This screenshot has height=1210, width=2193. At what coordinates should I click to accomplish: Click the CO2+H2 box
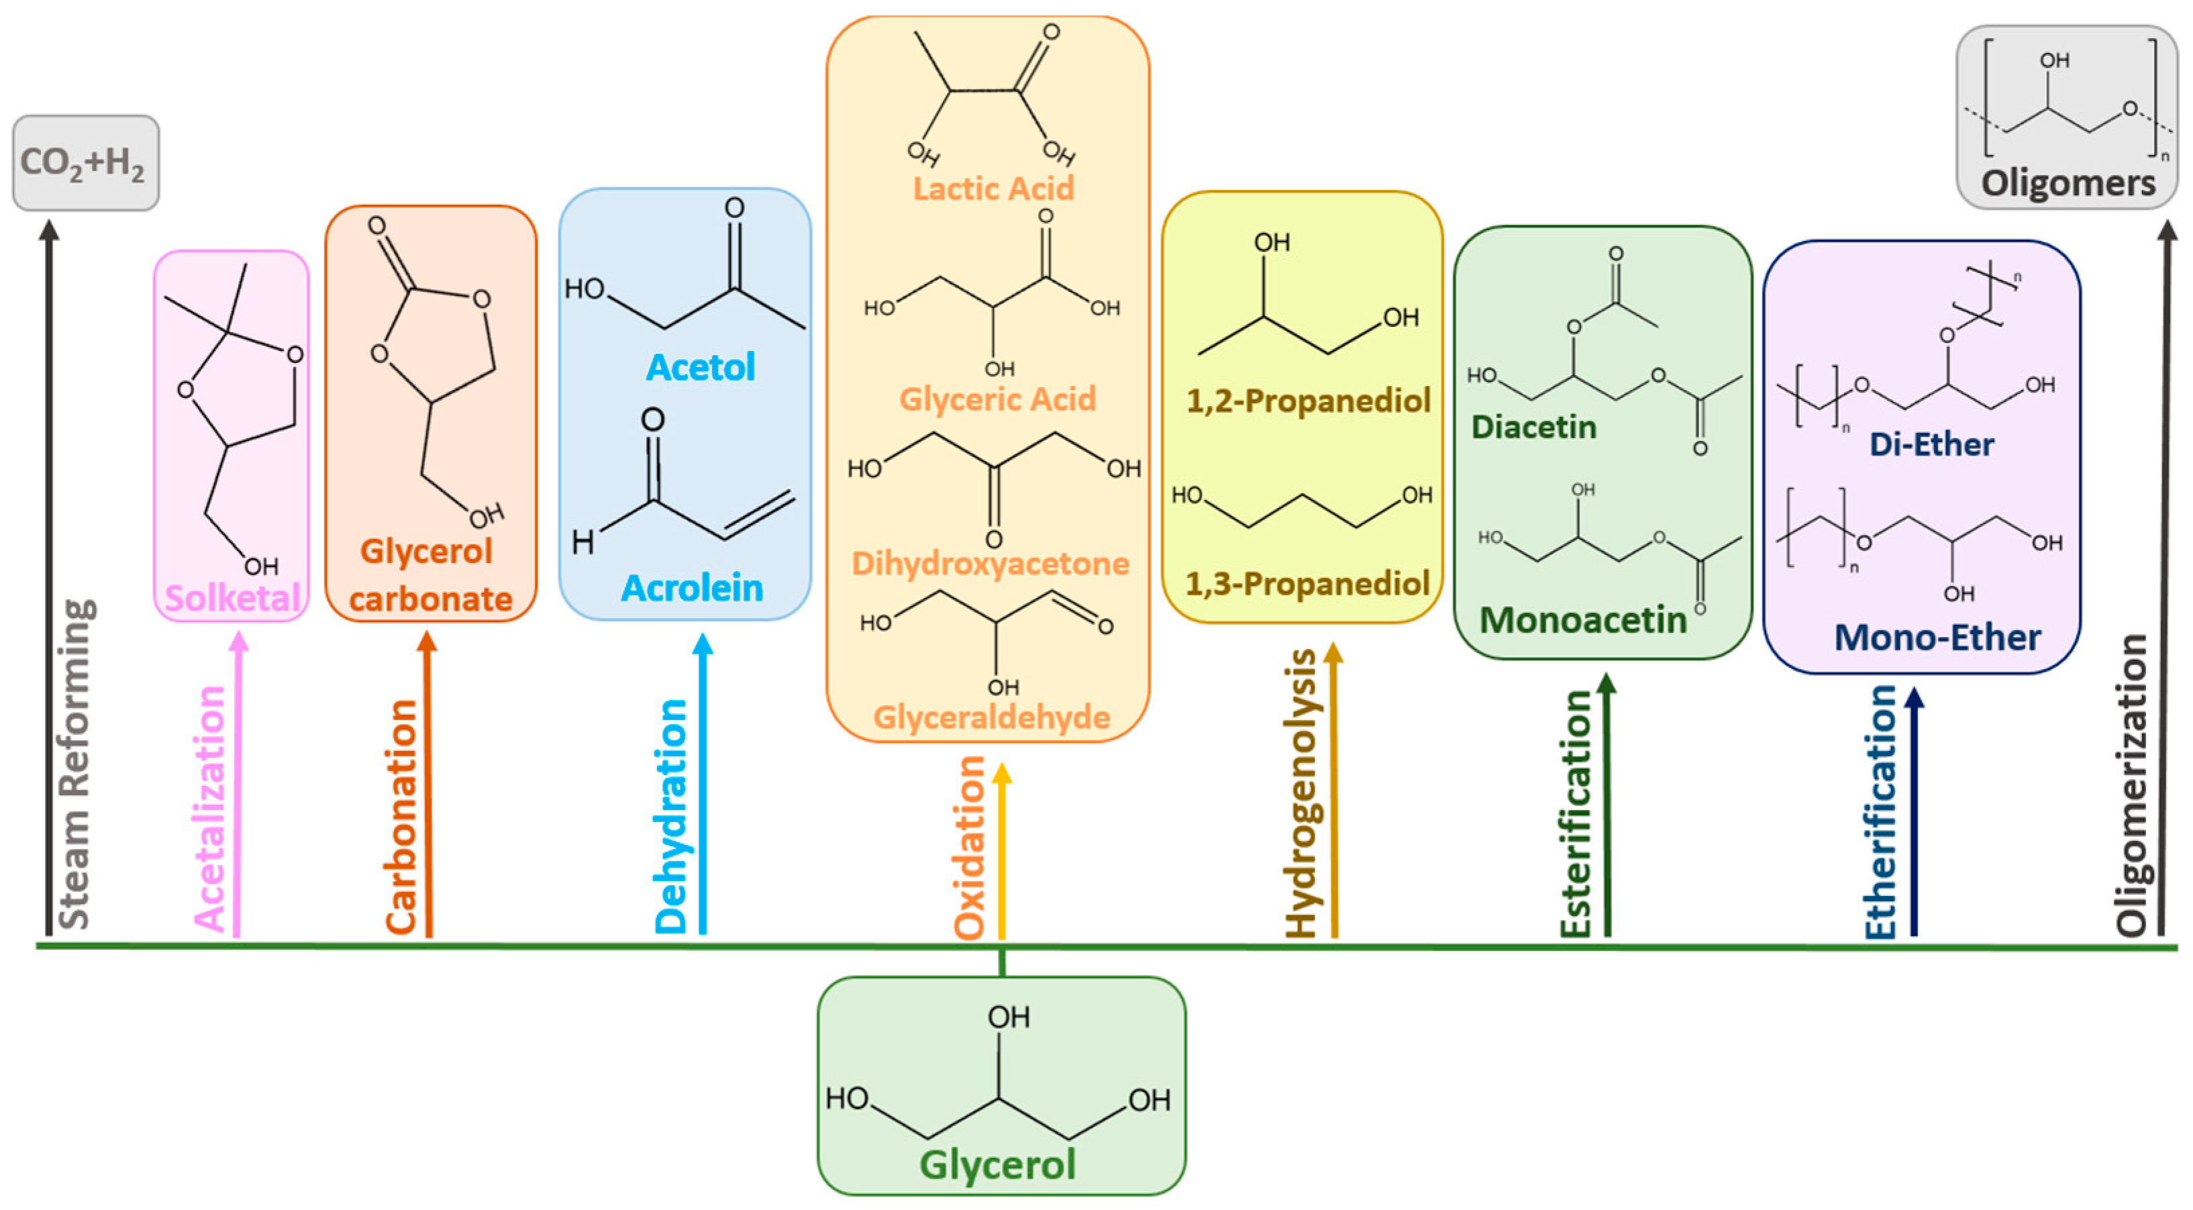coord(85,162)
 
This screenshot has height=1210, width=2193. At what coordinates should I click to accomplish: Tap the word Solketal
coord(232,598)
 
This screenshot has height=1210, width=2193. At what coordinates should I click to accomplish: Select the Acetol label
coord(701,367)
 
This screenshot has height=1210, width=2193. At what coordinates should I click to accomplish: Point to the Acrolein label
coord(691,587)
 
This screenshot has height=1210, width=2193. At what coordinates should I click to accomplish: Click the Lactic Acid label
coord(993,188)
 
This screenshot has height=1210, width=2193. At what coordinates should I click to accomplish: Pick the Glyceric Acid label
coord(998,399)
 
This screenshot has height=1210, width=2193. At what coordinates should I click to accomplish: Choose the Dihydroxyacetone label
coord(990,564)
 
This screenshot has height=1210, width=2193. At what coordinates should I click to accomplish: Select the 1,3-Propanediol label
coord(1308,584)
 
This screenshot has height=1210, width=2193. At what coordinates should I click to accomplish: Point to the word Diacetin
coord(1533,427)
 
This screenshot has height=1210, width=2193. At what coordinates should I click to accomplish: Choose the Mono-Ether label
coord(1937,638)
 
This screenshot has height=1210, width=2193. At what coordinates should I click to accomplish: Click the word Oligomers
coord(2069,183)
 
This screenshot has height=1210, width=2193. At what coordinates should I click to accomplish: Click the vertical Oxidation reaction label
coord(970,847)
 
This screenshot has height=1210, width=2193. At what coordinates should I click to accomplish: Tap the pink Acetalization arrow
coord(238,785)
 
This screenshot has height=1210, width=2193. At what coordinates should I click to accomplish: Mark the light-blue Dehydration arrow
coord(703,785)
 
